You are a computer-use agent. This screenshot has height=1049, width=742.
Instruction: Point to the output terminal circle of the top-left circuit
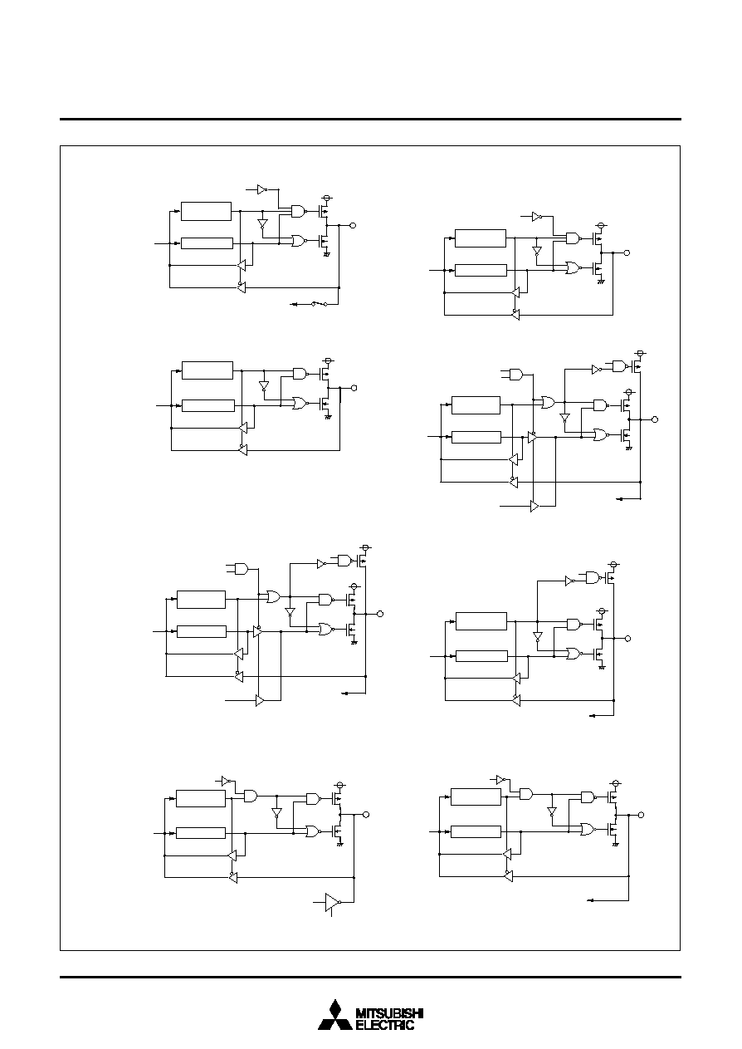coord(354,225)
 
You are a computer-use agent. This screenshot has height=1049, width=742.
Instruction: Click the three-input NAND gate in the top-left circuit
coord(299,211)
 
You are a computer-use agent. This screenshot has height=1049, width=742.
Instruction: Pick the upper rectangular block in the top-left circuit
coord(206,211)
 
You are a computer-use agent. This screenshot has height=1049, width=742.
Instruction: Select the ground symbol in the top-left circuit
coord(327,254)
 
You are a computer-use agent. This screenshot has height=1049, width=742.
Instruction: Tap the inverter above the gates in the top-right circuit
coord(537,217)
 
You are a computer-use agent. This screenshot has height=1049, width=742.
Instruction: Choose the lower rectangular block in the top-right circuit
coord(481,270)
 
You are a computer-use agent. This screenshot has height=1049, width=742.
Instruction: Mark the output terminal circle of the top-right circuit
coord(627,252)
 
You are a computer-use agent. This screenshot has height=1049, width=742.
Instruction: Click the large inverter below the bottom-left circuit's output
coord(333,901)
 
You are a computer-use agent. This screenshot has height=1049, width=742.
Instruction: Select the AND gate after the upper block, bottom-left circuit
coord(251,797)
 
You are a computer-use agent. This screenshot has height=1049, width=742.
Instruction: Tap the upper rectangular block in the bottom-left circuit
coord(201,798)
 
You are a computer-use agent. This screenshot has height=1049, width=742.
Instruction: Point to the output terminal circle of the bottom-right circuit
coord(641,815)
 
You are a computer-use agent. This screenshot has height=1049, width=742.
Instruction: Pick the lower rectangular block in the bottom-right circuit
coord(476,831)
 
